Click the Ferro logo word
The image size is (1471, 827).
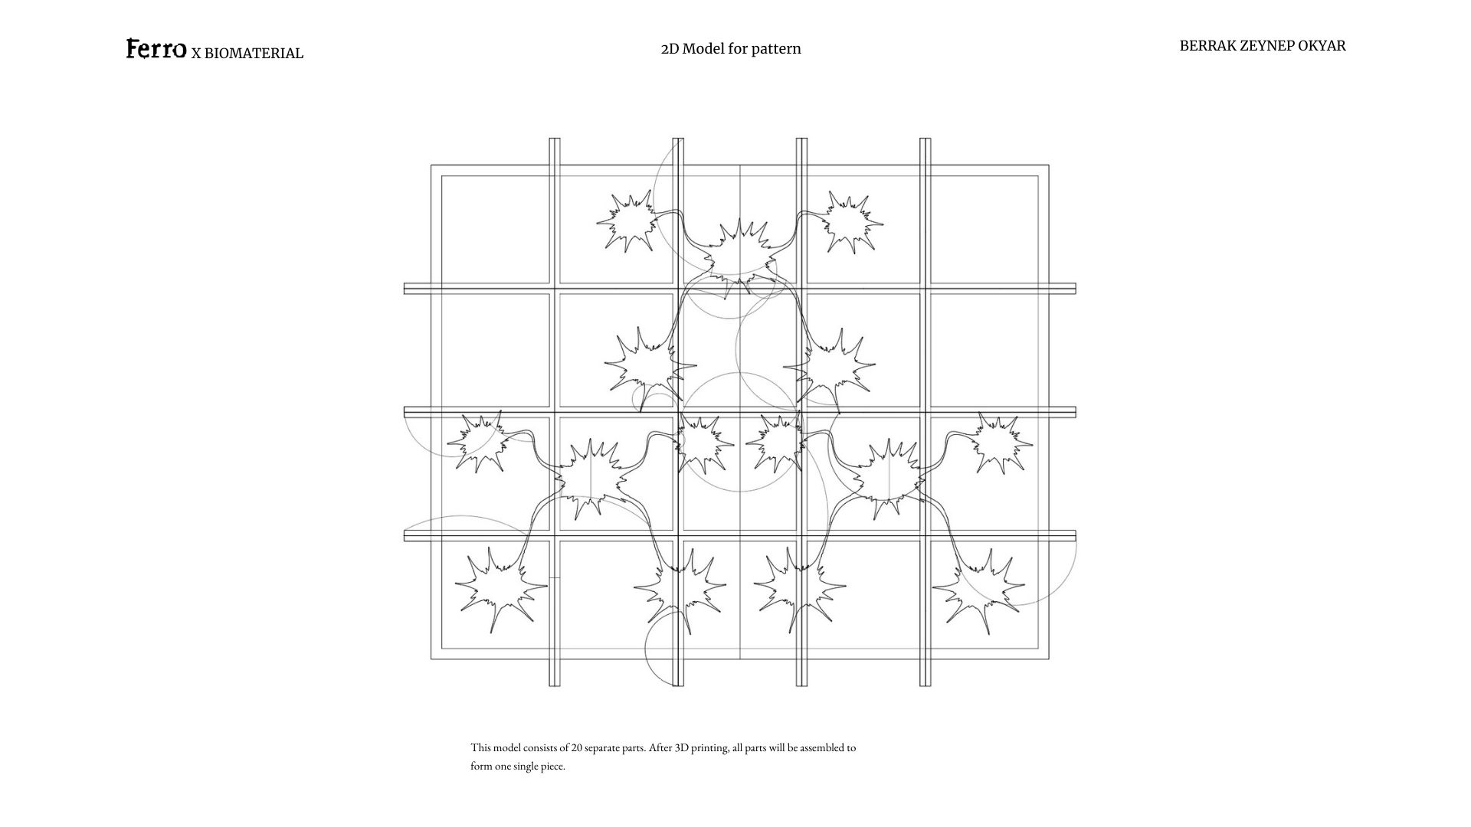pos(156,49)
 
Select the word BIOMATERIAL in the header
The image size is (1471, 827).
pos(254,54)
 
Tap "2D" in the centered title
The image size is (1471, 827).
pos(670,49)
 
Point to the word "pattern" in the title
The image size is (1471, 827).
pos(776,49)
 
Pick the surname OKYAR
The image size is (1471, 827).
pos(1322,46)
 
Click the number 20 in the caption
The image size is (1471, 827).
pos(576,748)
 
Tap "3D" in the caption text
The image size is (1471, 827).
pos(682,748)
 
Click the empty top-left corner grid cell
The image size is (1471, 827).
pos(496,230)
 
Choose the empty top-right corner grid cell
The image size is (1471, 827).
pos(984,230)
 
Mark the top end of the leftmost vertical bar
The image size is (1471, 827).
pos(555,139)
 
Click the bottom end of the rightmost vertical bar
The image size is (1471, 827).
pos(926,685)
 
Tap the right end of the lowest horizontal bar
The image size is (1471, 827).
pos(1074,536)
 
